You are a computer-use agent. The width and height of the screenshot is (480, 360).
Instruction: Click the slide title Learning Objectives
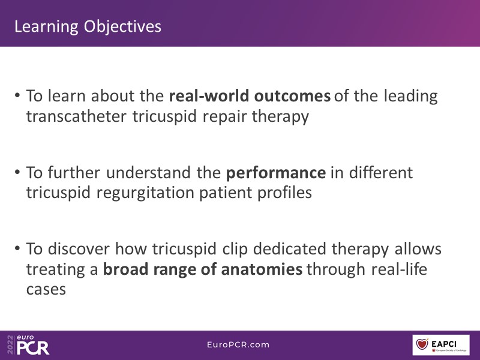88,26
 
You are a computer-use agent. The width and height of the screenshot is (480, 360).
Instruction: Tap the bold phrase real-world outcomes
250,96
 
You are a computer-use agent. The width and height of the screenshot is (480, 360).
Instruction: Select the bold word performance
276,173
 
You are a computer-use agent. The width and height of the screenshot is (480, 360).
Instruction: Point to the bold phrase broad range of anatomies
203,269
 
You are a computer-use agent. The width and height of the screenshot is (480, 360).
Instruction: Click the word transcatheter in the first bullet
76,116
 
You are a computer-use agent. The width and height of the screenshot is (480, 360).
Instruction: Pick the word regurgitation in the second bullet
145,193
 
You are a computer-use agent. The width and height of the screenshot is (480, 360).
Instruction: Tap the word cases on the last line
46,290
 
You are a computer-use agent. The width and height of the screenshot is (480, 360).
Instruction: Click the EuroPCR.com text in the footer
238,344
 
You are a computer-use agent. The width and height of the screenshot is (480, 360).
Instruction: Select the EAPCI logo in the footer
441,345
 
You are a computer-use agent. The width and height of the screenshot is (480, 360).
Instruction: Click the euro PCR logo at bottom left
33,345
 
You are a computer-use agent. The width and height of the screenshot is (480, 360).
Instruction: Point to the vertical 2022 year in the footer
10,344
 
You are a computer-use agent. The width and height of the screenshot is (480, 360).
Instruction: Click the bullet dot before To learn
17,95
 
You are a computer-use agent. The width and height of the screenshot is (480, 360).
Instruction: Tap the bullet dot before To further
17,172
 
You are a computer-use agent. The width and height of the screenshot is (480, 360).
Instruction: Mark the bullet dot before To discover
17,248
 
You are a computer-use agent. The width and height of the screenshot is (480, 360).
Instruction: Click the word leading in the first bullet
411,97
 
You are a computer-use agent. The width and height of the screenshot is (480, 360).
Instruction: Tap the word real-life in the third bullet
399,269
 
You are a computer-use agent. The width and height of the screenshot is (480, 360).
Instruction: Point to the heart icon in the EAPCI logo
422,344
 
